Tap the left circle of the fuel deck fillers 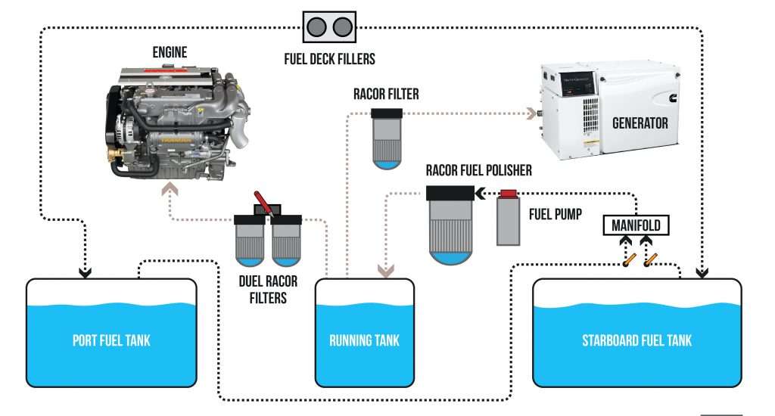pos(317,27)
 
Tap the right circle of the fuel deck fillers pos(342,27)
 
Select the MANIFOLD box pos(636,225)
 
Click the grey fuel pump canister pos(509,220)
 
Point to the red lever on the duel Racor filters pos(263,201)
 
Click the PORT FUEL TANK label pos(111,340)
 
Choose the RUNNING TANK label pos(364,340)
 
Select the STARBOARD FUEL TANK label pos(636,340)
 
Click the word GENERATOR pos(640,122)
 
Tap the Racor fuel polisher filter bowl pos(451,227)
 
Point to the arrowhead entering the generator pos(533,114)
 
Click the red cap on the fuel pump pos(509,194)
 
